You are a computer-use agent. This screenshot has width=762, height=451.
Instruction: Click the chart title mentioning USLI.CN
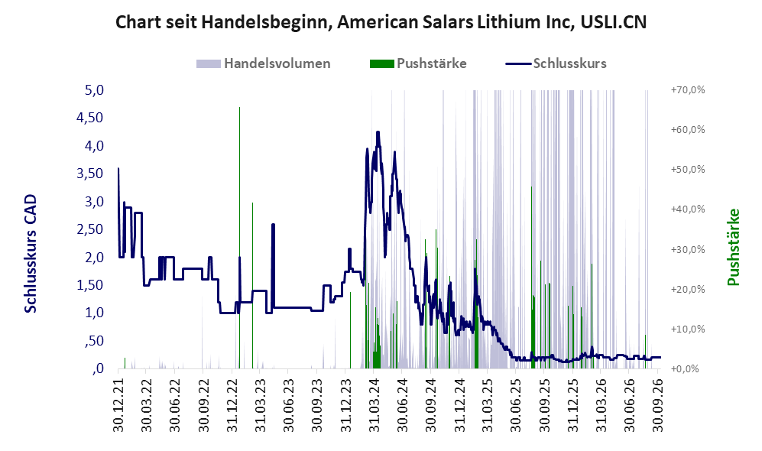[381, 22]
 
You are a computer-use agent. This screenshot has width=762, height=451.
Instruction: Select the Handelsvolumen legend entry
[264, 63]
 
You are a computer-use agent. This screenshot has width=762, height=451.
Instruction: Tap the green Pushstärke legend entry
[418, 63]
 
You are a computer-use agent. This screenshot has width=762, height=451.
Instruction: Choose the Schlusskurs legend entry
[556, 63]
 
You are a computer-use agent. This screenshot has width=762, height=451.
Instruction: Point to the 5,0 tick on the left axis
[94, 90]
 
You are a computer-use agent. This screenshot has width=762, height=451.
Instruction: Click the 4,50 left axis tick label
[90, 118]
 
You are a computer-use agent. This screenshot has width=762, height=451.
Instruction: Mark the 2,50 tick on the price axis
[90, 229]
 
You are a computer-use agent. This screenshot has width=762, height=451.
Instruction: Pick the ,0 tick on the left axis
[97, 368]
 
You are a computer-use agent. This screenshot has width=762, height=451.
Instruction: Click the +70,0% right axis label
[688, 90]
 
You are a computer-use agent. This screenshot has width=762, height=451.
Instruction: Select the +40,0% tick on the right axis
[688, 209]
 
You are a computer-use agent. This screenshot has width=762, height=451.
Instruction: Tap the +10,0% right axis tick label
[688, 329]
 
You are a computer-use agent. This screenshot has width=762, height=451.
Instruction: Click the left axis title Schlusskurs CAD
[31, 254]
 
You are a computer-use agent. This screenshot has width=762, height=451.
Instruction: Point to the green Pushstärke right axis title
[733, 247]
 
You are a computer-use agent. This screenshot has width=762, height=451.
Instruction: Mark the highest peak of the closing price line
[378, 131]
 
